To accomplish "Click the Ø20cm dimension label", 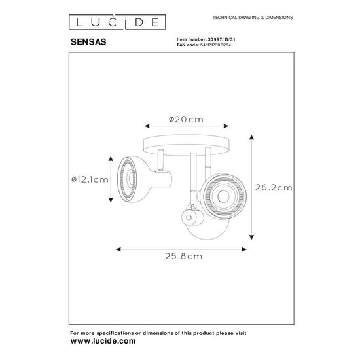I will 185,119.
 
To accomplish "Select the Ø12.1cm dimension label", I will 90,181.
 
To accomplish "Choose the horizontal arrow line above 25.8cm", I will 182,249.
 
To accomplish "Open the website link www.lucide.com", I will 103,341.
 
